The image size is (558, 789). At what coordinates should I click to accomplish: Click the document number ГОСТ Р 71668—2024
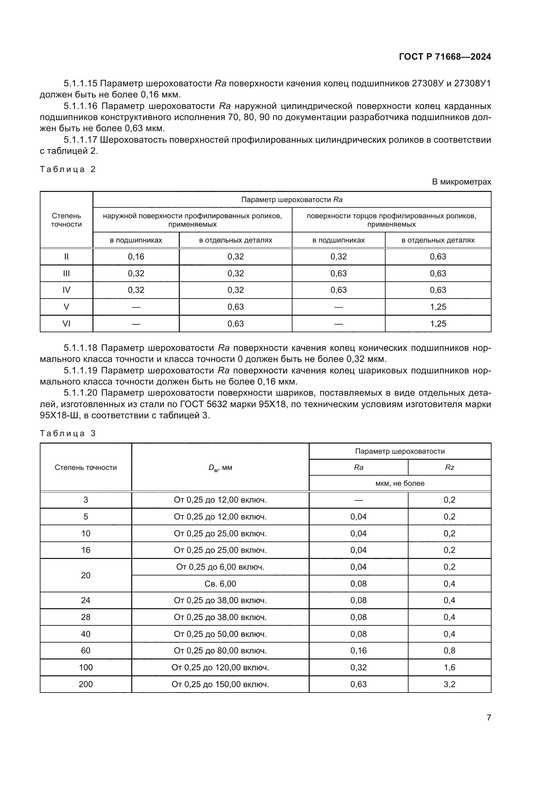[x=445, y=57]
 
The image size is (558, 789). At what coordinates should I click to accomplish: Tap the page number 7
[x=489, y=717]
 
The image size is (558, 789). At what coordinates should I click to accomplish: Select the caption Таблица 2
[x=68, y=169]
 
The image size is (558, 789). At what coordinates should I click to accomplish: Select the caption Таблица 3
[x=68, y=433]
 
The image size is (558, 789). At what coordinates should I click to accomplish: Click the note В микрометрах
[x=461, y=182]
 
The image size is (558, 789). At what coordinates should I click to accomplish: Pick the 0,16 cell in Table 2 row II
[x=136, y=257]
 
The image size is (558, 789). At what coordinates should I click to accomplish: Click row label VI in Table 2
[x=66, y=324]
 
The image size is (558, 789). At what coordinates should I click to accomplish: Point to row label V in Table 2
[x=66, y=307]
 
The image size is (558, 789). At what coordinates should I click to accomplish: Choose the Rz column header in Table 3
[x=449, y=467]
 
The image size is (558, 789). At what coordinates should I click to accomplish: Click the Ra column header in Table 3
[x=358, y=467]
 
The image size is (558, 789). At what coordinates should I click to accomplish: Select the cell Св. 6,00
[x=220, y=584]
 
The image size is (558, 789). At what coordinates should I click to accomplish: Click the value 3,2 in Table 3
[x=449, y=684]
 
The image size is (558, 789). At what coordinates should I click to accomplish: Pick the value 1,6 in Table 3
[x=449, y=667]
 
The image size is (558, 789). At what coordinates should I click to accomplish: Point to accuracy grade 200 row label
[x=86, y=684]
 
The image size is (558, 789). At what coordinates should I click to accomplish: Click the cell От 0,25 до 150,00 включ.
[x=220, y=684]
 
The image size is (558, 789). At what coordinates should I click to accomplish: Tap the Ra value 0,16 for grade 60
[x=358, y=650]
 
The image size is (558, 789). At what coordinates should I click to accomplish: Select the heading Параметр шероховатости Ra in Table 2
[x=292, y=200]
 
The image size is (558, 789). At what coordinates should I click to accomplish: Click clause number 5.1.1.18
[x=81, y=348]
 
